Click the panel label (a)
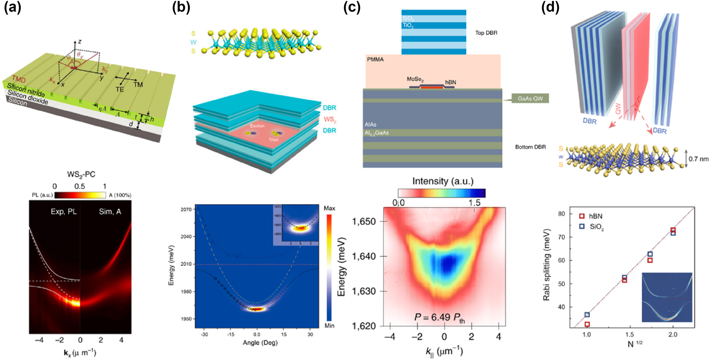[13, 7]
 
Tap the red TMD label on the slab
[19, 79]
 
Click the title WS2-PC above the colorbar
[81, 175]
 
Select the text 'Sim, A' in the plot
[110, 212]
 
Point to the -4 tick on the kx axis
[39, 340]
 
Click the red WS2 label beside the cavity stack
[330, 119]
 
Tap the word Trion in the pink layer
[273, 140]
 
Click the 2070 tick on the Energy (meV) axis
[186, 210]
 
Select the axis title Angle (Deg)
[260, 343]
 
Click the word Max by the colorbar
[329, 208]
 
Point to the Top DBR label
[486, 33]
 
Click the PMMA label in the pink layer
[375, 60]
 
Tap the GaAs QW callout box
[530, 99]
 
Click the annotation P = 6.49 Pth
[439, 317]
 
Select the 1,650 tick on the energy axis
[364, 222]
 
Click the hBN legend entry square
[582, 216]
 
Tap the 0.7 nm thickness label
[698, 159]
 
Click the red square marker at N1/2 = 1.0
[587, 324]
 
